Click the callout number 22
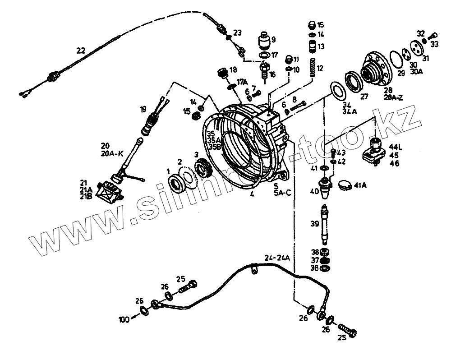pos(80,51)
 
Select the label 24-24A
pos(277,258)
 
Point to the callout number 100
pos(124,320)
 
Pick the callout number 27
pos(364,96)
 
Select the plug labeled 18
pos(222,73)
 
